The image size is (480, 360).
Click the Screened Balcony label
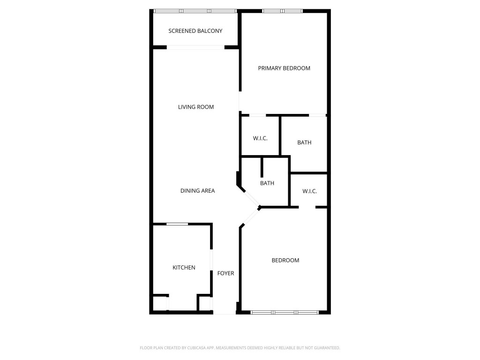(195, 31)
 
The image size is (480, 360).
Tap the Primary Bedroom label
(284, 68)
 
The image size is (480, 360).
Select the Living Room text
(195, 107)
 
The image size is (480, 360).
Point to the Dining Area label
(197, 191)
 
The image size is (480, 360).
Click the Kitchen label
(184, 268)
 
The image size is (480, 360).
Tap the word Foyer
(225, 273)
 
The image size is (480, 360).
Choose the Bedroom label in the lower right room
(285, 261)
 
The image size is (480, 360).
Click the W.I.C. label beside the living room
(260, 138)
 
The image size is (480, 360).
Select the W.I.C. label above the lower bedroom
(309, 191)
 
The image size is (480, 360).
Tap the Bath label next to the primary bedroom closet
(304, 142)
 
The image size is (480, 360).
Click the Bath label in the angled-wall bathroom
(267, 183)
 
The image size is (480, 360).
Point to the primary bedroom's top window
(282, 11)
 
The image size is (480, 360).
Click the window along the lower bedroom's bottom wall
(285, 312)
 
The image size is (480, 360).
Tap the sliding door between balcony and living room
(195, 47)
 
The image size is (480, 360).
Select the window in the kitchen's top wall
(177, 225)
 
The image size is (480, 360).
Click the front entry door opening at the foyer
(225, 313)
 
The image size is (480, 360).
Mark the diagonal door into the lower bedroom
(251, 217)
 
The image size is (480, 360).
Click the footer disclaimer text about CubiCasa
(240, 348)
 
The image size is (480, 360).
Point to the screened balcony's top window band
(195, 11)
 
